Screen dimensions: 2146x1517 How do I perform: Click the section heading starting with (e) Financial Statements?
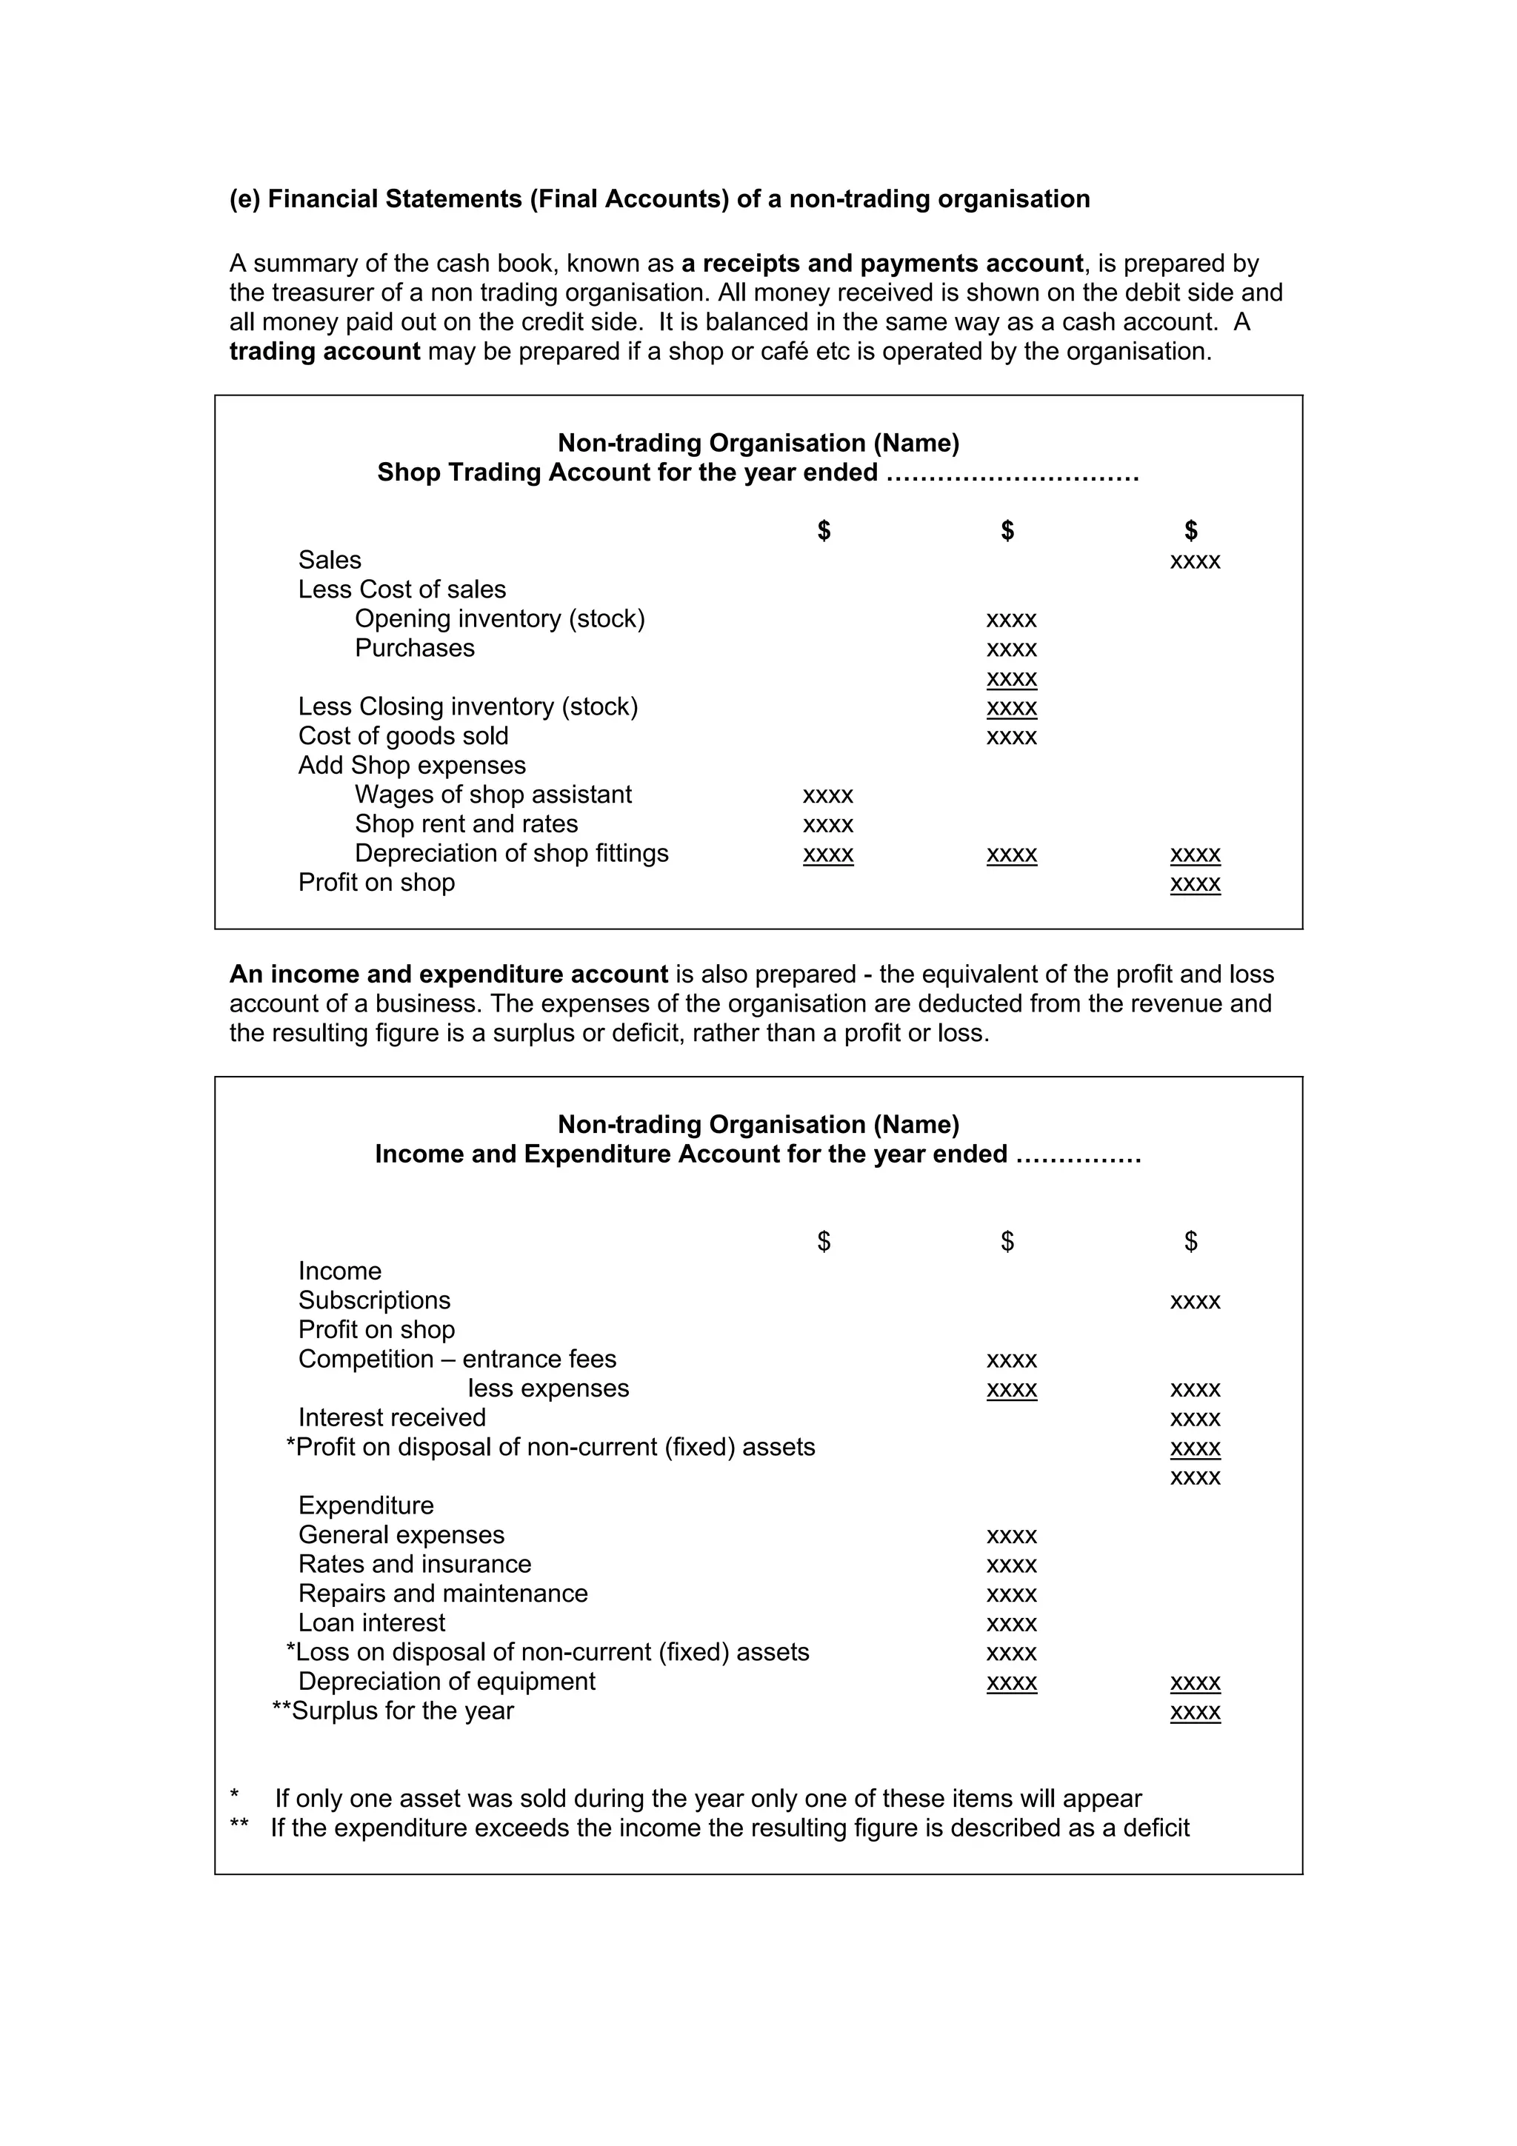coord(659,199)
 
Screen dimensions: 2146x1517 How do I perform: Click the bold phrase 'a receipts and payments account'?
coord(881,264)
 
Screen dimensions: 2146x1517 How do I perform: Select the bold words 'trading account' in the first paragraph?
coord(324,352)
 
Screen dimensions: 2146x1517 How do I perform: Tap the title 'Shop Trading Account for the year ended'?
coord(627,473)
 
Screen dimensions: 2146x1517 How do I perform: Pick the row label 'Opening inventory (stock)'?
coord(499,619)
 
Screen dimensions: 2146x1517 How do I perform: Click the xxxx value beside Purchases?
coord(1011,649)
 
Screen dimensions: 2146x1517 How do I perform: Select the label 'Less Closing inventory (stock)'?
coord(467,706)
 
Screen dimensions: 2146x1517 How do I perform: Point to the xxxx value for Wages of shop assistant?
coord(828,795)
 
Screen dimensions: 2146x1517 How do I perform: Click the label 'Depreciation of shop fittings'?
coord(511,853)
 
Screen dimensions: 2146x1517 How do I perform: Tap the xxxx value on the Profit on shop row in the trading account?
coord(1195,883)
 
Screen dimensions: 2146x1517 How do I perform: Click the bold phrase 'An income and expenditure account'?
coord(449,974)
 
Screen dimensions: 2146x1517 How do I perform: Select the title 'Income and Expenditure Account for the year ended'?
coord(691,1154)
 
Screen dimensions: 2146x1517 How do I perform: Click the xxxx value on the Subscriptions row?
coord(1195,1301)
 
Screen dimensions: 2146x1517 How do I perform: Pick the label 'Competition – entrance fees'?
coord(457,1359)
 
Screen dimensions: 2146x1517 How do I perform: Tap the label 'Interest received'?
coord(392,1418)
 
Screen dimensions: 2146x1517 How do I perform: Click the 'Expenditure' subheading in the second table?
coord(365,1505)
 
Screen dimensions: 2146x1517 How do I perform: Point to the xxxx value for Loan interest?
coord(1011,1623)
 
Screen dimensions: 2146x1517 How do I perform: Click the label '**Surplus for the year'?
coord(393,1711)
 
